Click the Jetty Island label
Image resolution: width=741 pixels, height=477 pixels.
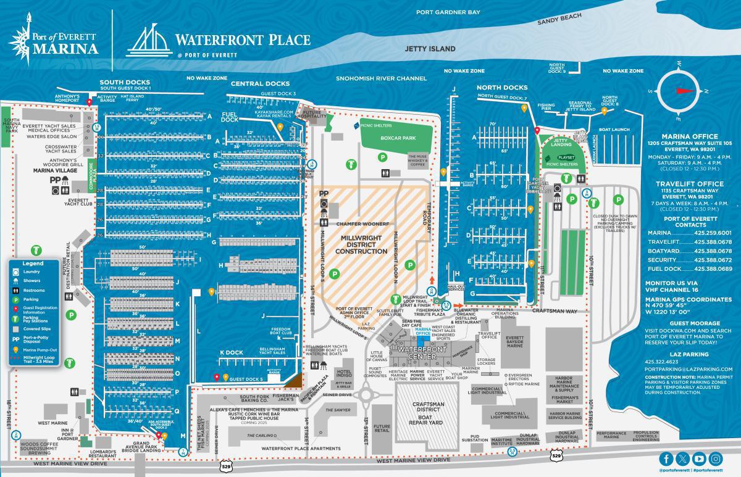tap(430, 49)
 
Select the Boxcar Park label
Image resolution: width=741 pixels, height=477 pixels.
tap(396, 139)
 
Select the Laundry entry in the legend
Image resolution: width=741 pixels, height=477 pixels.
tap(31, 271)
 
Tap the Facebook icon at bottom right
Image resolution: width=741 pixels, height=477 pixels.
tap(666, 458)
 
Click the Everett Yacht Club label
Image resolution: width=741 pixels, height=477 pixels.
tap(79, 202)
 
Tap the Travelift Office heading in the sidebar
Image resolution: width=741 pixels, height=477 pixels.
tap(689, 183)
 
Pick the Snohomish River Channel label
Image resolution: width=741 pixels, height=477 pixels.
tap(381, 79)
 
